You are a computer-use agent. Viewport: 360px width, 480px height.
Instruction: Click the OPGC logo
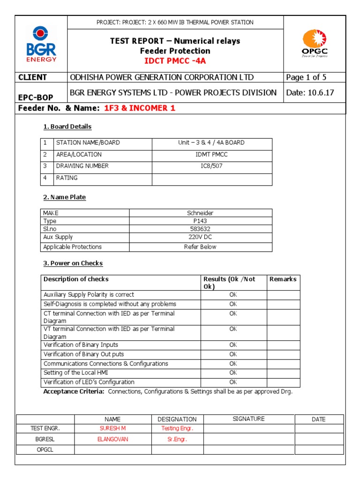[x=315, y=44]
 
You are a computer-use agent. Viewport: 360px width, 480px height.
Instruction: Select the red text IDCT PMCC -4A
[x=175, y=60]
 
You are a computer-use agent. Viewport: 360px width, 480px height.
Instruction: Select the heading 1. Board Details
[x=67, y=127]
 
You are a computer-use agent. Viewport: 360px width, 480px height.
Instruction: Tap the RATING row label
[x=67, y=178]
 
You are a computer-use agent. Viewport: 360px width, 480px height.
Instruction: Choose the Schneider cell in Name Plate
[x=200, y=213]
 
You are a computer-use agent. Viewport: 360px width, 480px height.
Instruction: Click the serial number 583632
[x=200, y=229]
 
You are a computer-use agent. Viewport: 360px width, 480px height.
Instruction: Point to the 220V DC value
[x=200, y=237]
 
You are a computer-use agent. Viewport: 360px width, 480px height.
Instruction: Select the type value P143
[x=200, y=221]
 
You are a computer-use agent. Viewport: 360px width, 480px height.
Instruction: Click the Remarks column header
[x=283, y=279]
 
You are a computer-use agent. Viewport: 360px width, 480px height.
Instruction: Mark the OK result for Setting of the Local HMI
[x=233, y=373]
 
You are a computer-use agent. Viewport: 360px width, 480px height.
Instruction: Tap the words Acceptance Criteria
[x=74, y=391]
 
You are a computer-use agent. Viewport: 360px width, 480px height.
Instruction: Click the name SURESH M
[x=112, y=428]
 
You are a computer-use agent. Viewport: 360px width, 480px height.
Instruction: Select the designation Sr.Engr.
[x=177, y=439]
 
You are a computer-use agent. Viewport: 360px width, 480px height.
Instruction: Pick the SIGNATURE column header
[x=248, y=419]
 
